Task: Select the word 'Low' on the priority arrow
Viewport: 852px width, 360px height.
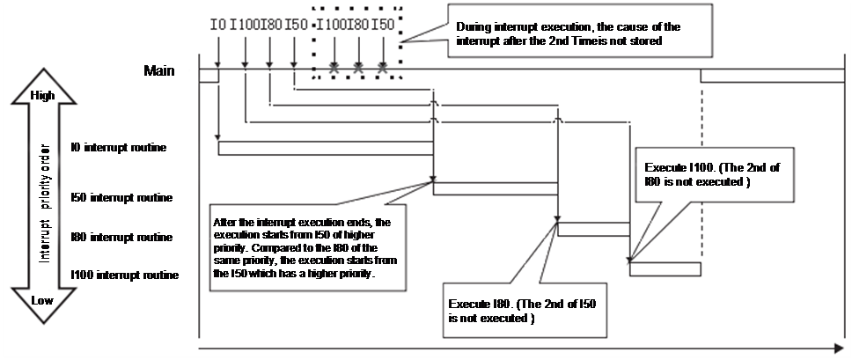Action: point(41,300)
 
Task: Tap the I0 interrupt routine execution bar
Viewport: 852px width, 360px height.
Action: point(326,147)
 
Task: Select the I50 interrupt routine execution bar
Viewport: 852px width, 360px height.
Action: point(496,187)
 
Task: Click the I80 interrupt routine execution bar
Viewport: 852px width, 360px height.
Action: point(594,229)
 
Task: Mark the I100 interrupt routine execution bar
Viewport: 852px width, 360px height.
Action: point(665,268)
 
